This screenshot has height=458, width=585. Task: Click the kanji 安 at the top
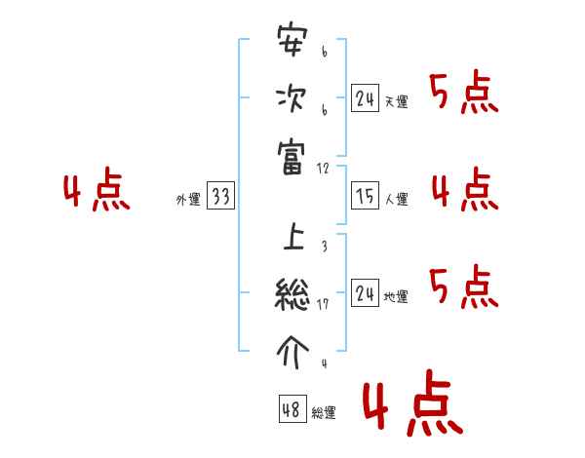click(292, 45)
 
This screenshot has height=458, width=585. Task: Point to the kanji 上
click(292, 237)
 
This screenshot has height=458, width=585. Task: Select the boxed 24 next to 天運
click(365, 99)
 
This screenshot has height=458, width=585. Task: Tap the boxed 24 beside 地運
click(365, 293)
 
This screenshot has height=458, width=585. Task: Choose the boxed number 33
click(220, 198)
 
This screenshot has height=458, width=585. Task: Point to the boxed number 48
click(292, 410)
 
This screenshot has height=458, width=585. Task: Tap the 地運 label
click(396, 297)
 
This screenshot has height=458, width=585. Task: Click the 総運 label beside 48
click(324, 413)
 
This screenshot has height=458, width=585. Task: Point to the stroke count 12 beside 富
click(324, 169)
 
